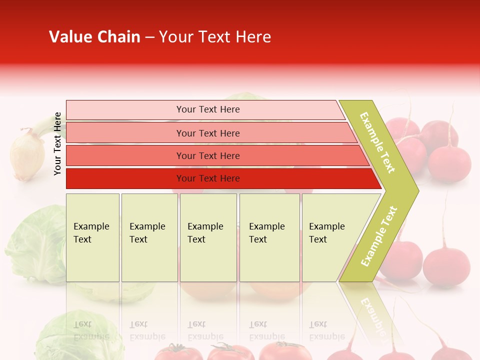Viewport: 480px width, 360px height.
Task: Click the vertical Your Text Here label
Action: [57, 143]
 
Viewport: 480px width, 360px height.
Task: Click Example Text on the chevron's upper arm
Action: [377, 142]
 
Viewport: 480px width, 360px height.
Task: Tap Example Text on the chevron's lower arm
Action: [379, 236]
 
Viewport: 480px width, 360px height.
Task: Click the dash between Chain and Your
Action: [149, 37]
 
